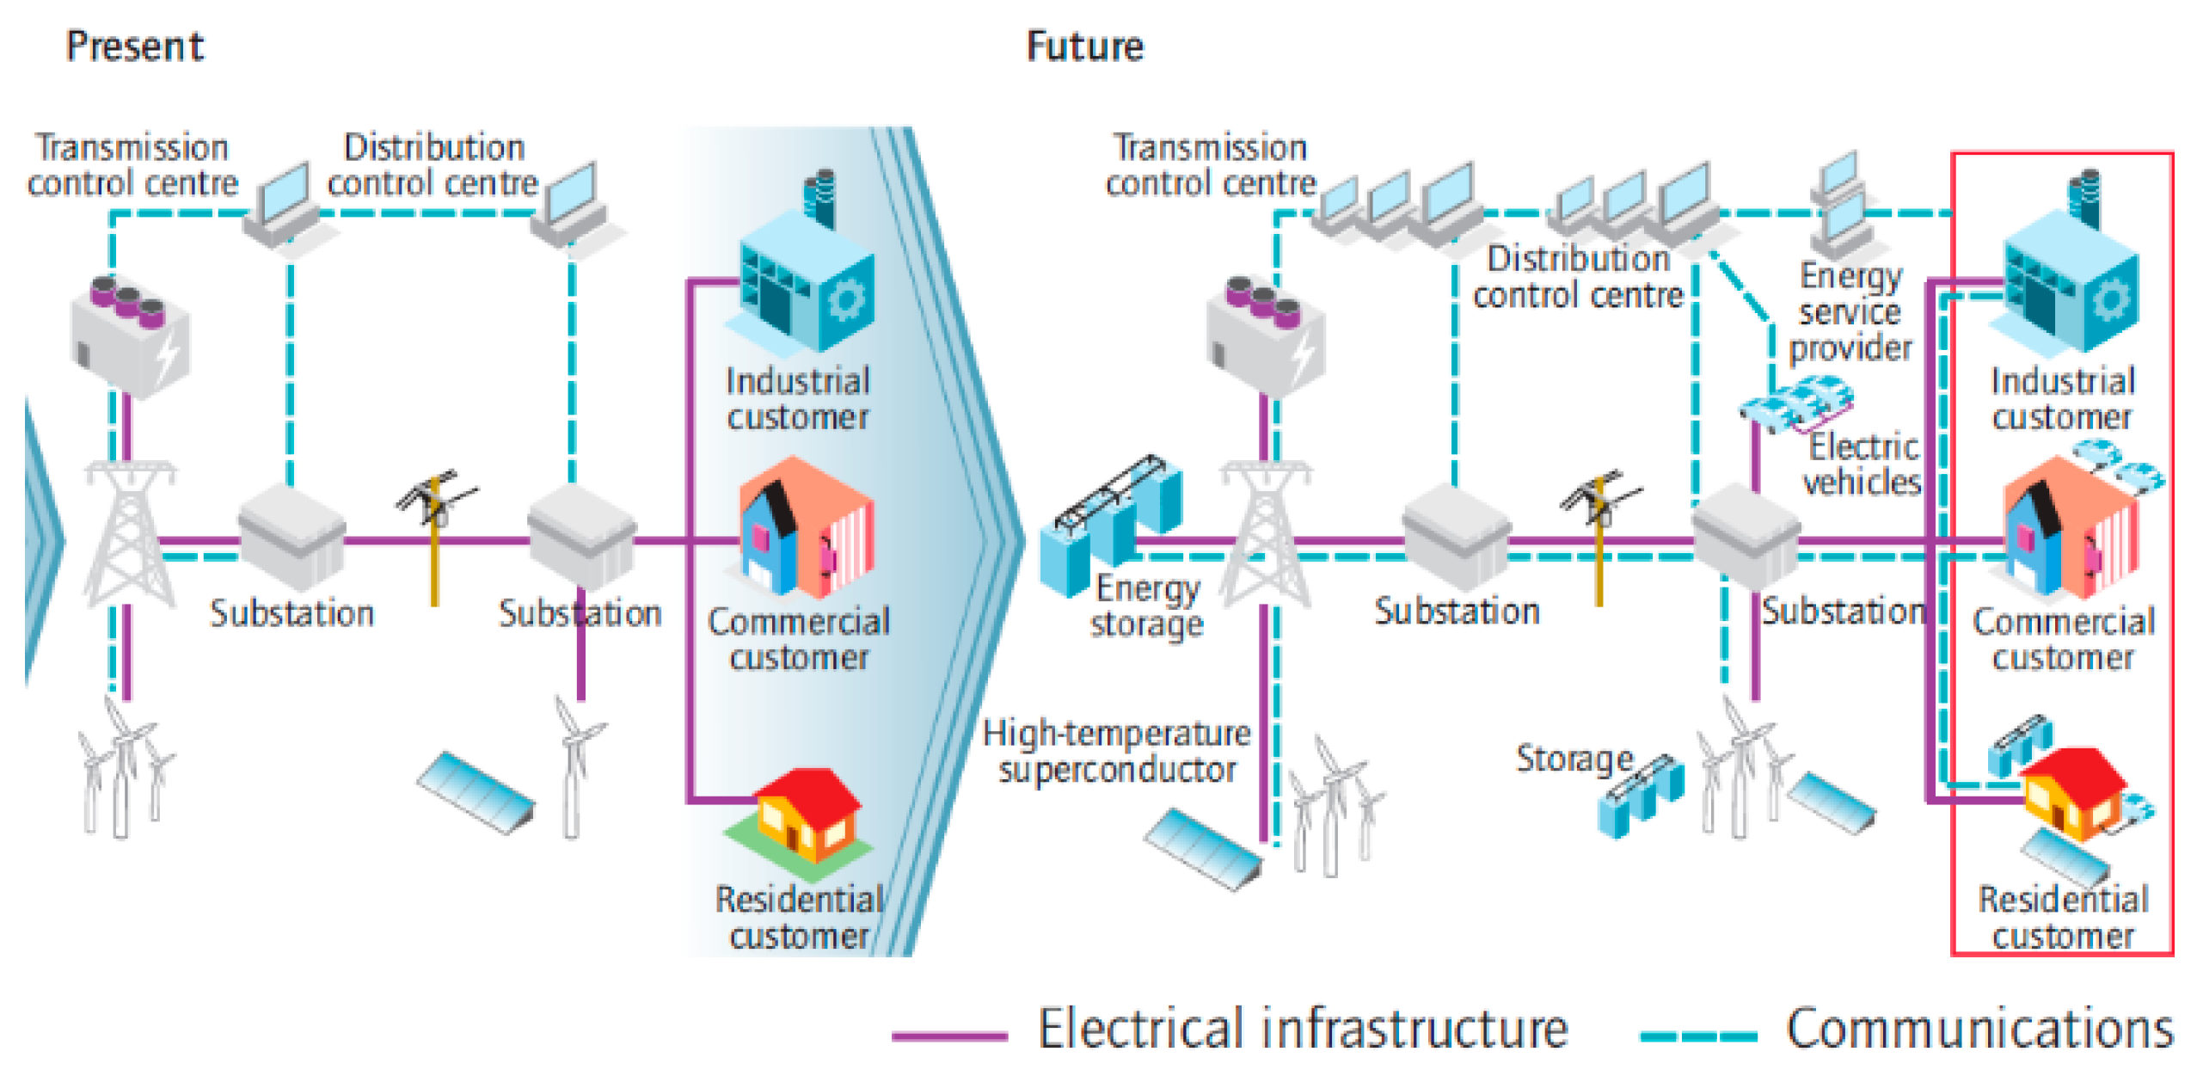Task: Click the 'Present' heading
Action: (x=135, y=46)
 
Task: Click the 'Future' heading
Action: (x=1084, y=46)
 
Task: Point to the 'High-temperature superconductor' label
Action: (x=1116, y=751)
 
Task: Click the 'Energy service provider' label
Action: (x=1850, y=311)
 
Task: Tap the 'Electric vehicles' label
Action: (x=1862, y=464)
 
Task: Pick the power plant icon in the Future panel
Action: (x=1265, y=335)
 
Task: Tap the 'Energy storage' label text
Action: (x=1146, y=606)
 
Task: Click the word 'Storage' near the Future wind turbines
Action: (x=1573, y=758)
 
